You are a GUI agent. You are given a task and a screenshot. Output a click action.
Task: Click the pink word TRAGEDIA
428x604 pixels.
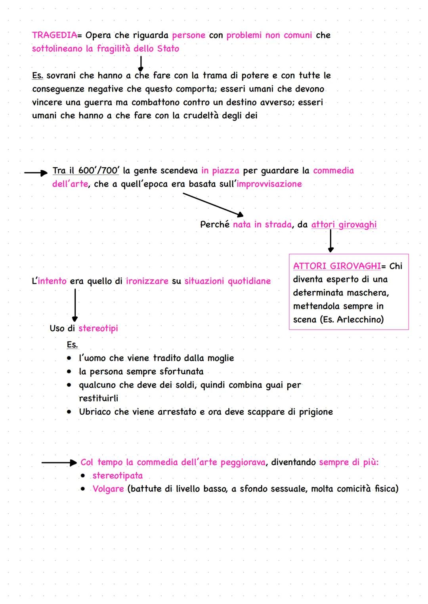(54, 35)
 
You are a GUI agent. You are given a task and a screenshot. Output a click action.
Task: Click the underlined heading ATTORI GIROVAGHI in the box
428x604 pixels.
(337, 266)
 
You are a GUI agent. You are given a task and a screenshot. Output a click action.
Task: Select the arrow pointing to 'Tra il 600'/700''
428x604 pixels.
(36, 173)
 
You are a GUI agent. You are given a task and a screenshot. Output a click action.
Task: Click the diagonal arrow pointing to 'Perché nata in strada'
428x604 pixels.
(213, 204)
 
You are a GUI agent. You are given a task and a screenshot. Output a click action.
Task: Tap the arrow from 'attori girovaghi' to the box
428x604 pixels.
(331, 240)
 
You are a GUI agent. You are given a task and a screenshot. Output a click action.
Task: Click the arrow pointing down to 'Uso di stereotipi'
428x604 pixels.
(75, 305)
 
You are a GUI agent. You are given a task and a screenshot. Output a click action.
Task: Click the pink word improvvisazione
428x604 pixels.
(269, 184)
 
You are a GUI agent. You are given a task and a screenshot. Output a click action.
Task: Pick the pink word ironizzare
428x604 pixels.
(147, 281)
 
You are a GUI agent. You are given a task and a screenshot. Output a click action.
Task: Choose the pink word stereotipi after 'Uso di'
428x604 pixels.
(98, 328)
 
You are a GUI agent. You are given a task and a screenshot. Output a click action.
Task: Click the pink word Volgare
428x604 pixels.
(108, 489)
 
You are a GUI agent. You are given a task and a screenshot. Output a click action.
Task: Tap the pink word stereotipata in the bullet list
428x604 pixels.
(117, 476)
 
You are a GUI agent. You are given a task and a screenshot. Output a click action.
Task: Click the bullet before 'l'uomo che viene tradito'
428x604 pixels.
(69, 358)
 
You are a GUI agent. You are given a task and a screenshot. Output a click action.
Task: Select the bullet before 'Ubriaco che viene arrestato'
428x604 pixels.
(69, 412)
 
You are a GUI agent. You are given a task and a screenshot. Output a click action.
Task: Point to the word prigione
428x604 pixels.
(316, 412)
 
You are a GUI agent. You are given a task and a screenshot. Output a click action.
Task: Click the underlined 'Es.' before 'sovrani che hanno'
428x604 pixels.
(37, 76)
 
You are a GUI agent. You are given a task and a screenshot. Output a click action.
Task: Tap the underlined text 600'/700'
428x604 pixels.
(98, 171)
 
